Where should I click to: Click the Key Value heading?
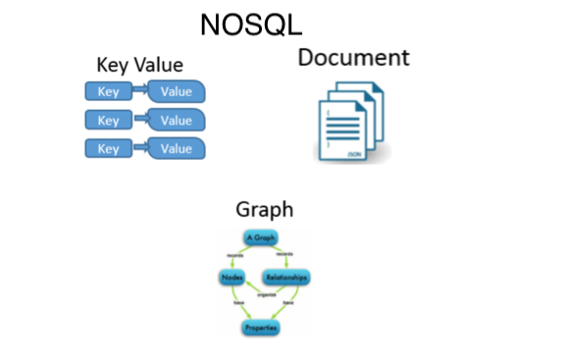coord(139,66)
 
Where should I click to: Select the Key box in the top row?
coord(108,93)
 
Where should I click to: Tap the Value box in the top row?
coord(177,93)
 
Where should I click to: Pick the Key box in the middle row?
coord(108,121)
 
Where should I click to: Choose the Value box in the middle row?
coord(177,121)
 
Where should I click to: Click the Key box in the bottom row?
coord(108,149)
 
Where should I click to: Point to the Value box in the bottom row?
coord(177,149)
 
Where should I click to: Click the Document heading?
coord(353,57)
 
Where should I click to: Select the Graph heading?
coord(264,209)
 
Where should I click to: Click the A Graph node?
coord(261,238)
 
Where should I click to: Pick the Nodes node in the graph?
coord(232,278)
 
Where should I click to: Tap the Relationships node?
coord(287,278)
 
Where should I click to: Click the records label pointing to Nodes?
coord(233,254)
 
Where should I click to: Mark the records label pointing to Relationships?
coord(284,254)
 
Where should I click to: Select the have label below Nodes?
coord(238,303)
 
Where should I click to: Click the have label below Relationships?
coord(288,303)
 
